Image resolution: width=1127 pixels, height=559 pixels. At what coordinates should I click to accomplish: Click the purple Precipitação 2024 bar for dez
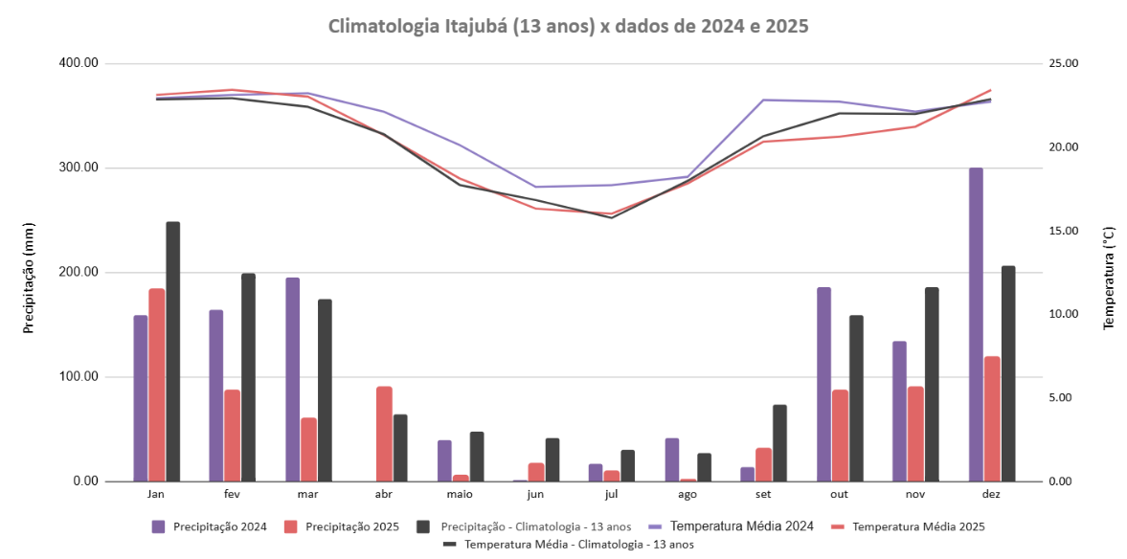point(976,324)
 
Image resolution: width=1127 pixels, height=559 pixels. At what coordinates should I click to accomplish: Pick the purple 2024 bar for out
point(823,384)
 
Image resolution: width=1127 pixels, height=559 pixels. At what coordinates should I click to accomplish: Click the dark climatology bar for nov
point(931,384)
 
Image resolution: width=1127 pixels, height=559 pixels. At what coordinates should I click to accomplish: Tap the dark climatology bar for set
point(779,443)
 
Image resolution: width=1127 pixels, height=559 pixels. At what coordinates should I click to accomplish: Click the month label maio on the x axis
point(460,495)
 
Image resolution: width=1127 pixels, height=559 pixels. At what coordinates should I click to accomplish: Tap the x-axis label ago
point(687,495)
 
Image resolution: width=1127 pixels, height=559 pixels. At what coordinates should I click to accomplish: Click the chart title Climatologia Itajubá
point(569,26)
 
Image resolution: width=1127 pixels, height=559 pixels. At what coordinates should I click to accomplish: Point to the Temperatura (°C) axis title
point(1109,279)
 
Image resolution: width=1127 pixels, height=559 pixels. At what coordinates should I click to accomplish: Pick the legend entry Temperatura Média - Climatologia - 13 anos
point(578,544)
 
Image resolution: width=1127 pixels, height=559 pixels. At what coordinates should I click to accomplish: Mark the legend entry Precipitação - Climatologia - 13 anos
point(535,526)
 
